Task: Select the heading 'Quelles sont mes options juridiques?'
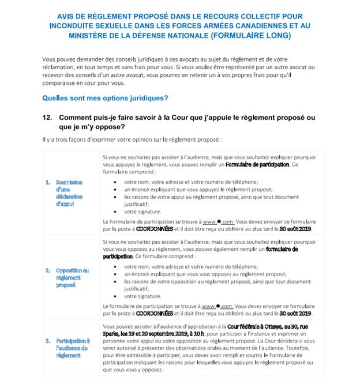[x=105, y=98]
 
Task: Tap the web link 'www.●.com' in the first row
[x=217, y=221]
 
